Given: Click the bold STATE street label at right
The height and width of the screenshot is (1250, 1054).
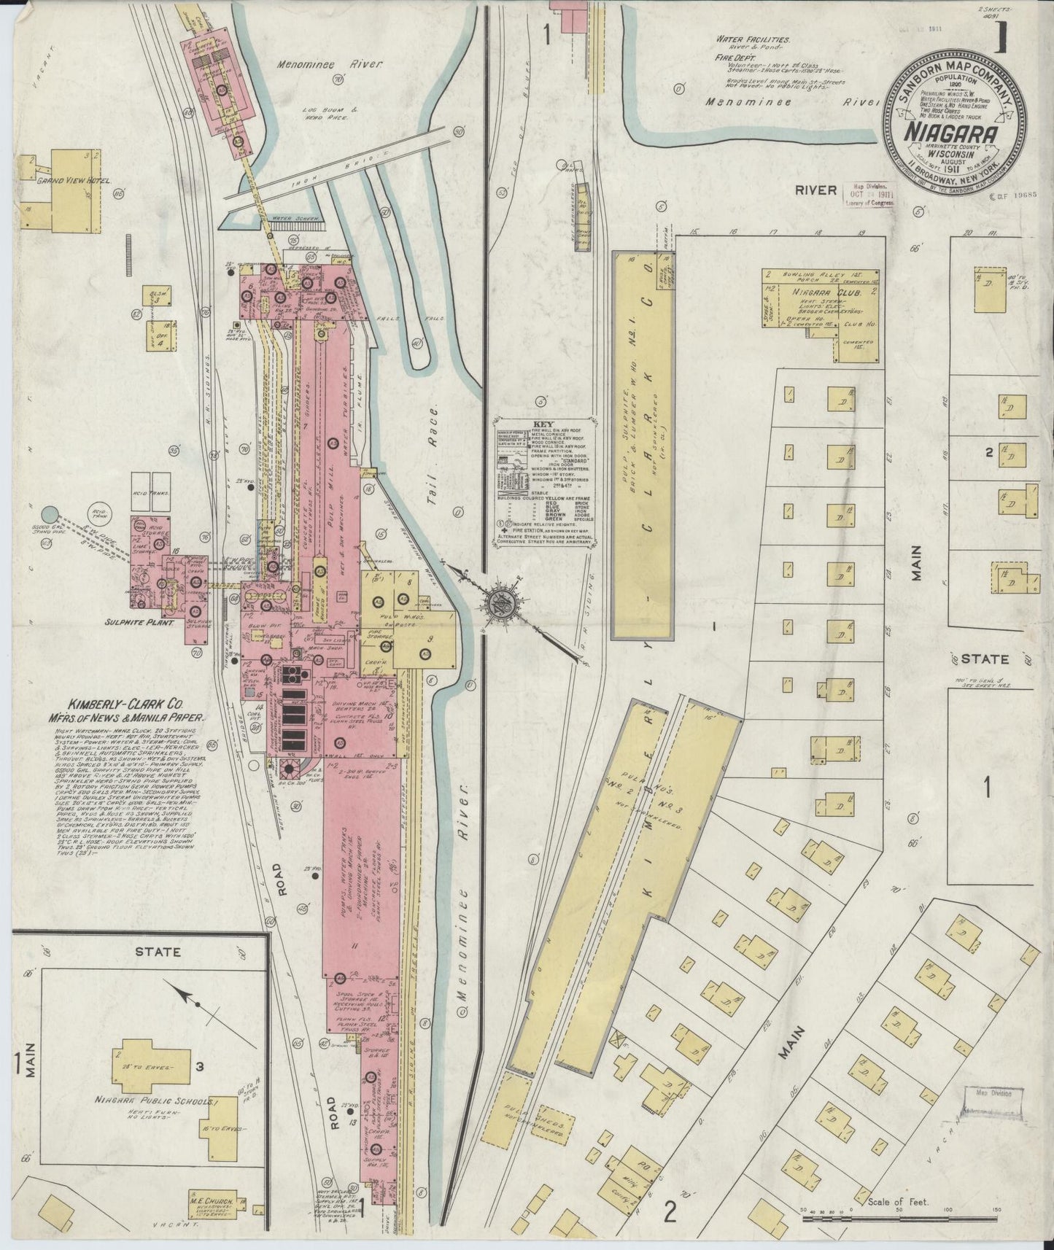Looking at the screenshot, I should (984, 659).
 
